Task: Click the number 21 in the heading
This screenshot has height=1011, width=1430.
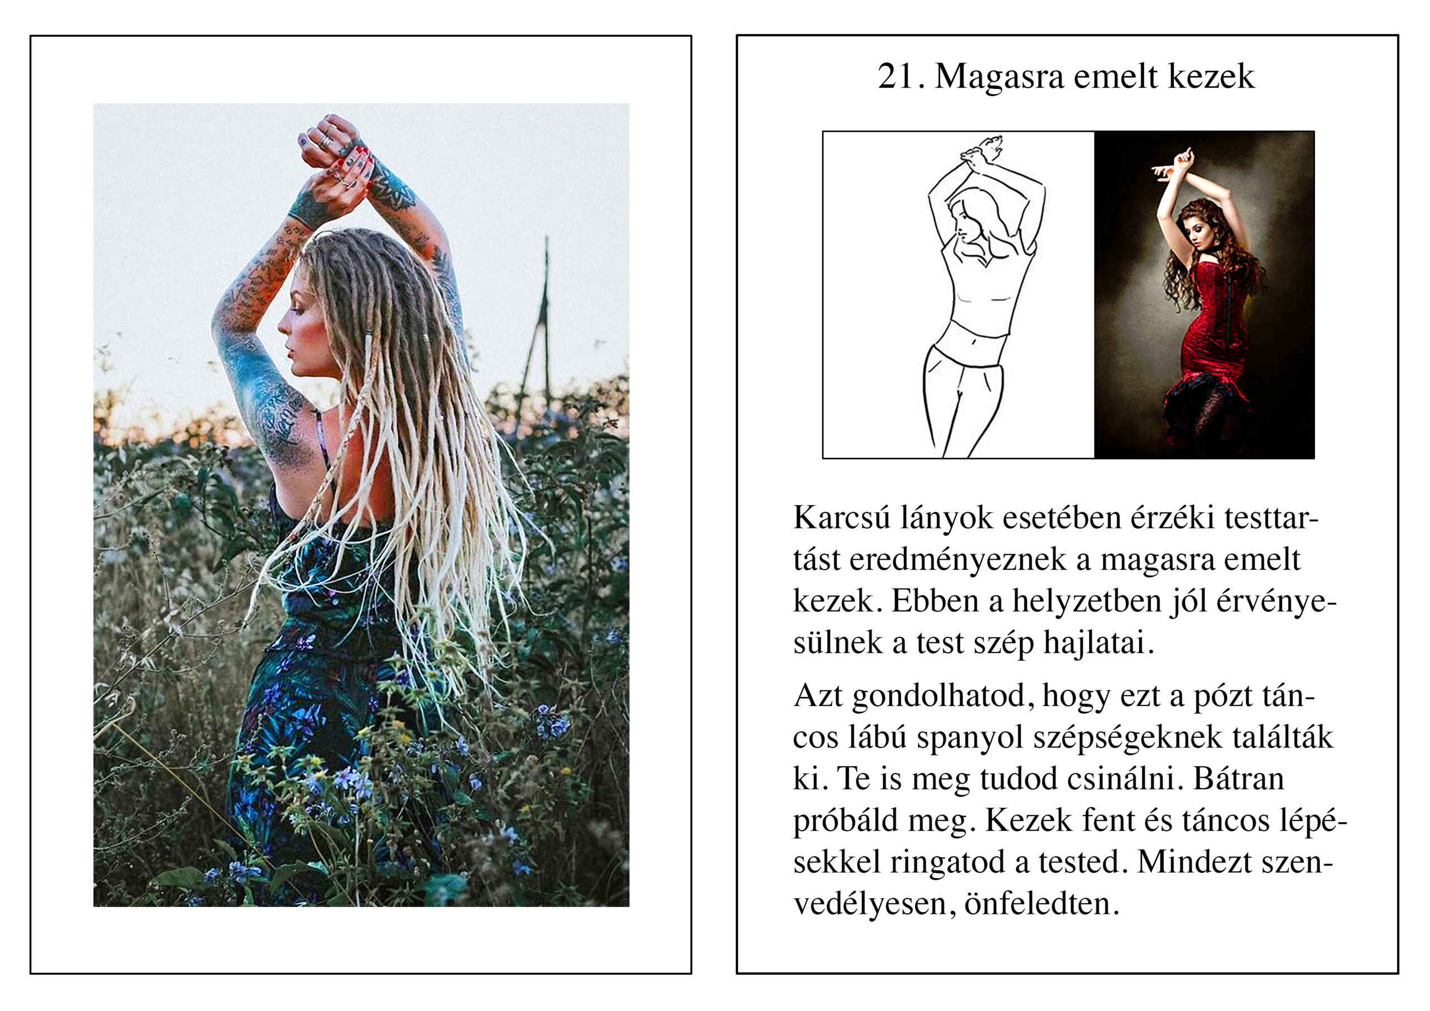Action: tap(896, 77)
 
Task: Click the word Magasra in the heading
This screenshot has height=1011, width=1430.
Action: tap(999, 77)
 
